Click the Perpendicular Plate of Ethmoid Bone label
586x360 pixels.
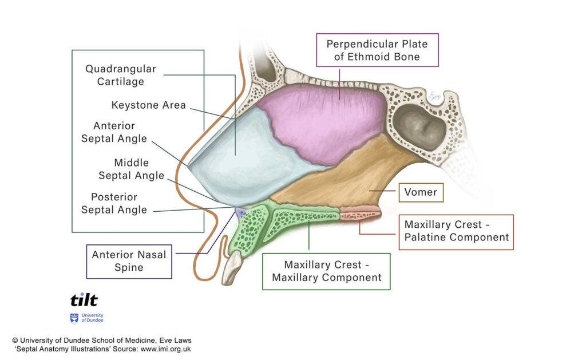point(377,50)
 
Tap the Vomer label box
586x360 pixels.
point(421,192)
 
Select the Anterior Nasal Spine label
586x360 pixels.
point(129,262)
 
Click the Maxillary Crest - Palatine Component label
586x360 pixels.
point(456,232)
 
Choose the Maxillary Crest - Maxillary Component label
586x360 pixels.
point(326,271)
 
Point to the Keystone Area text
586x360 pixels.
point(148,105)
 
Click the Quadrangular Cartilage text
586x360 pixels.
point(120,75)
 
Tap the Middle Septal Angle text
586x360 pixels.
point(131,169)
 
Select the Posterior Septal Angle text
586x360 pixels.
point(114,203)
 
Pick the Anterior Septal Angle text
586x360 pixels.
point(114,132)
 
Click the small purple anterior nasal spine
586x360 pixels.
point(240,212)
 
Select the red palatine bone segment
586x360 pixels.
point(360,213)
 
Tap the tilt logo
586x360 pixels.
point(84,300)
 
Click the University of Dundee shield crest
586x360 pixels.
point(74,318)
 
